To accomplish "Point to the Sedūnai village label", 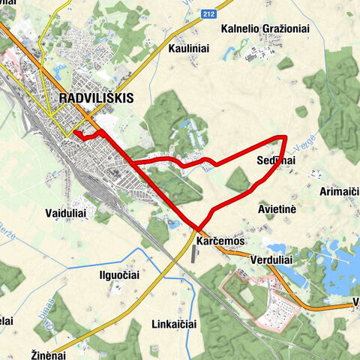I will [x=276, y=161].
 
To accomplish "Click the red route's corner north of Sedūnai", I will [x=286, y=137].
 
